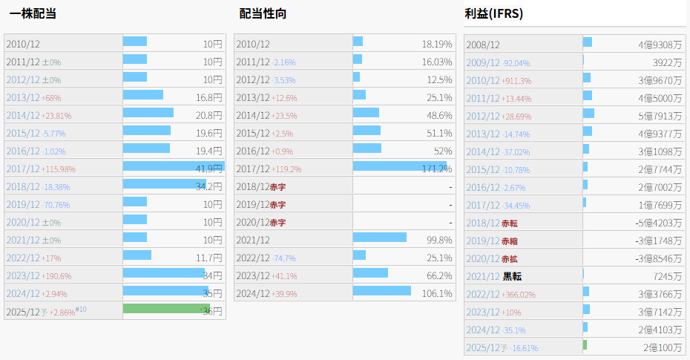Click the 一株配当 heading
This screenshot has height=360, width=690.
33,13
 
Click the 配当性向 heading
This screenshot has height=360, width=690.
263,13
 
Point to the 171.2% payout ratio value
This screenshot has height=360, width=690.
436,168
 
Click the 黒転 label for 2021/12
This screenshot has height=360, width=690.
512,277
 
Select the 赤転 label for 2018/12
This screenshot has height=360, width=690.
510,223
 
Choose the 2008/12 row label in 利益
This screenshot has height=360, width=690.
483,45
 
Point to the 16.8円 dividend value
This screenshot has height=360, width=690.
208,97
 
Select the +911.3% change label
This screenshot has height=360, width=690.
516,81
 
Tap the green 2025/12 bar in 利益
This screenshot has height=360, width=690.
585,345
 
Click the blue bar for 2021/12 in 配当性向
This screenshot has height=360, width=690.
379,238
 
